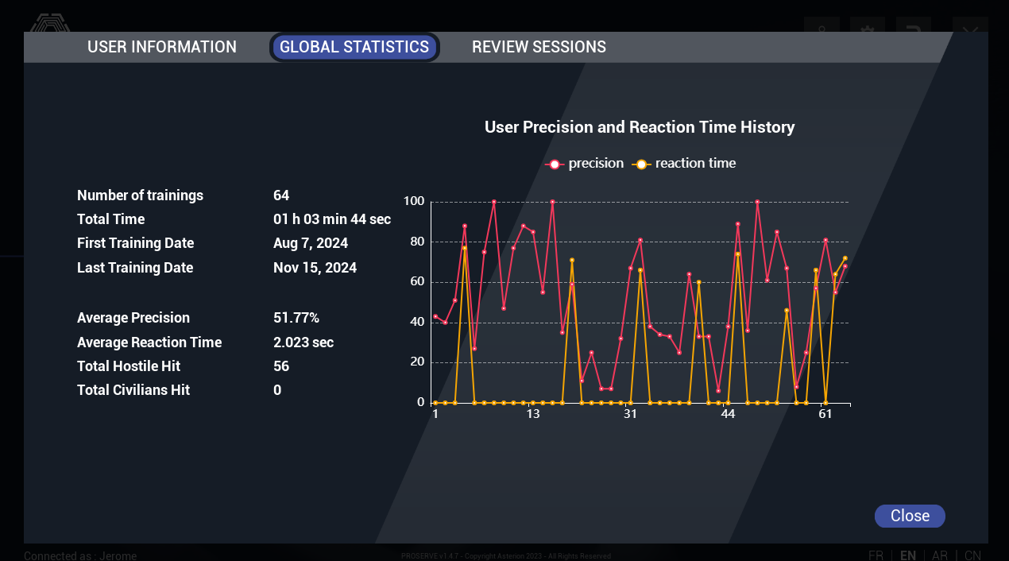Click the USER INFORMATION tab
coord(162,47)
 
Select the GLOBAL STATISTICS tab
coord(354,47)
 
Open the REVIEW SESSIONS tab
coord(539,47)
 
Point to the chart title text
coord(640,127)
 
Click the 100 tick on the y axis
coord(414,201)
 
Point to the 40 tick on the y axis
coord(417,322)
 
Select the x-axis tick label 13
coord(533,415)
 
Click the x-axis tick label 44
coord(728,415)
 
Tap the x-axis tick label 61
coord(825,415)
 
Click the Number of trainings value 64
coord(281,195)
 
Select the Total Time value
coord(332,219)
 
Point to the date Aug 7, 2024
coord(311,243)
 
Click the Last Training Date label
coord(135,268)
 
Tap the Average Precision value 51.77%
coord(296,318)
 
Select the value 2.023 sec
coord(303,342)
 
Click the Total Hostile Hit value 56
coord(281,366)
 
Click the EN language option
coord(907,555)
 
